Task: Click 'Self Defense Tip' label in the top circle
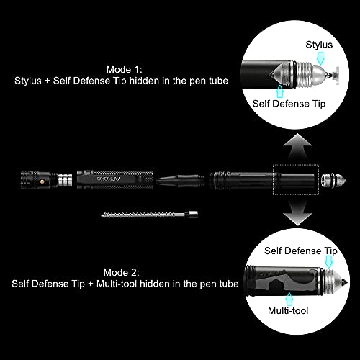[x=289, y=103]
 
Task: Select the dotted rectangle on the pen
[x=295, y=177]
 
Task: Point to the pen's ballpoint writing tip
[x=165, y=177]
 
